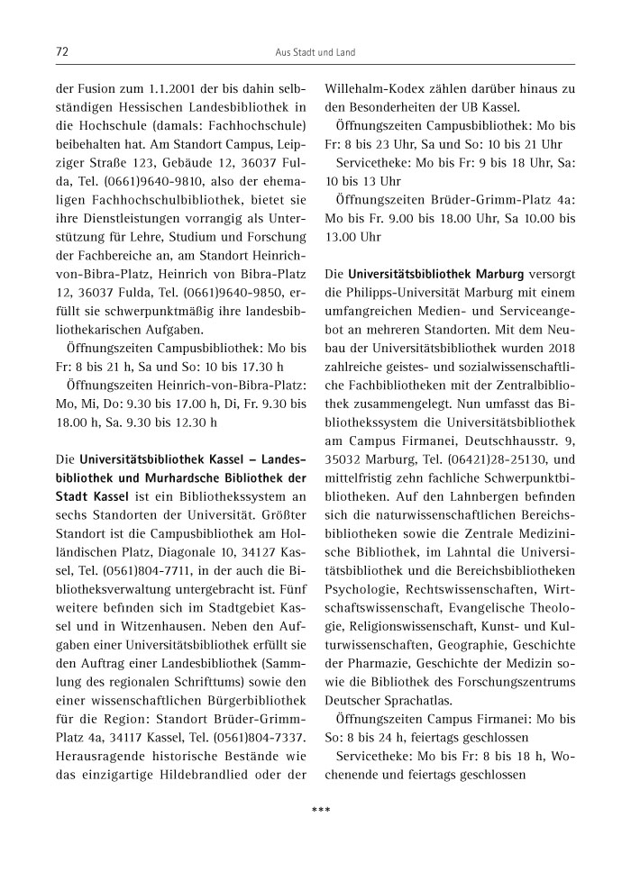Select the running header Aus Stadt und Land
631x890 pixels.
(x=315, y=53)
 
